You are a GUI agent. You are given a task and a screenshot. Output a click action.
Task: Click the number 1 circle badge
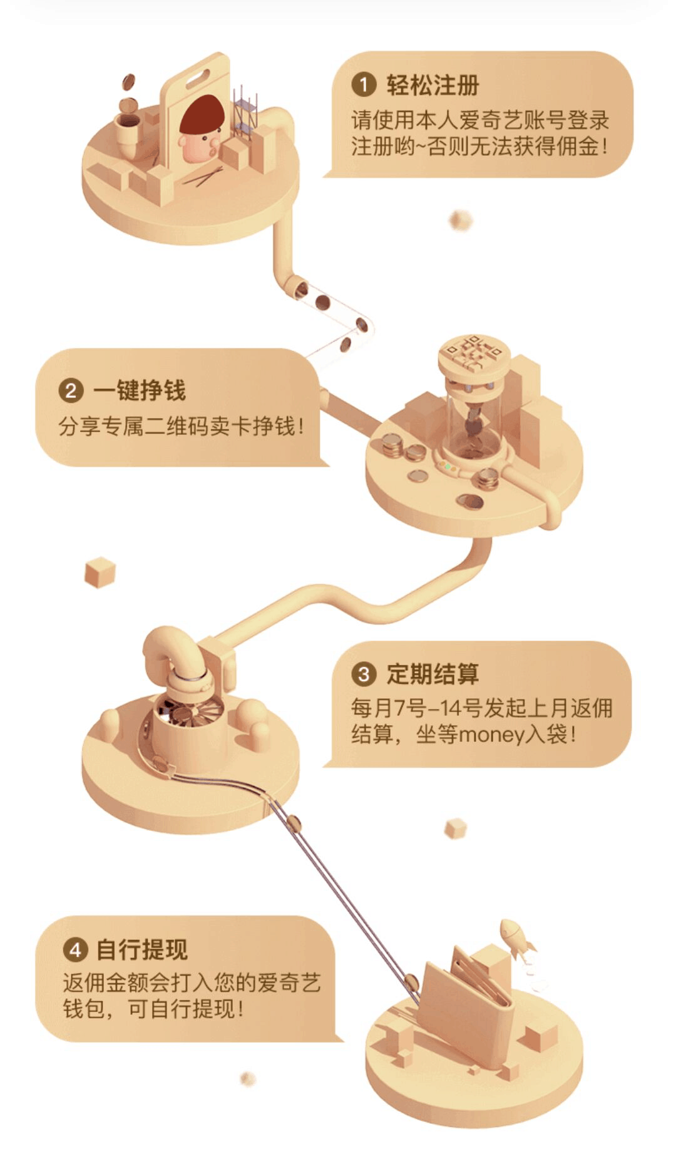[x=364, y=84]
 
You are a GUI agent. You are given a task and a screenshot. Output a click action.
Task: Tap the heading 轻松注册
[x=433, y=84]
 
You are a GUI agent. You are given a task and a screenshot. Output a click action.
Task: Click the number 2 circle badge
[x=71, y=390]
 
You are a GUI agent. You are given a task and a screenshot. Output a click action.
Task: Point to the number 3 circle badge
[x=364, y=674]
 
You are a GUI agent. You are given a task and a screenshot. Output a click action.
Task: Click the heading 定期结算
[x=433, y=674]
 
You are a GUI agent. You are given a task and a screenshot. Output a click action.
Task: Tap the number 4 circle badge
[x=75, y=950]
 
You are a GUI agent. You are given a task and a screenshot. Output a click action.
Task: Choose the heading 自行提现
[x=142, y=950]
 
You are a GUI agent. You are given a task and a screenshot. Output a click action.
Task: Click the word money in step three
[x=492, y=734]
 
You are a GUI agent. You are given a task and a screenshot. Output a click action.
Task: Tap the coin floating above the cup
[x=128, y=82]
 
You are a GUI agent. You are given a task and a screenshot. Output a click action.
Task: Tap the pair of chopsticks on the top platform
[x=203, y=177]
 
